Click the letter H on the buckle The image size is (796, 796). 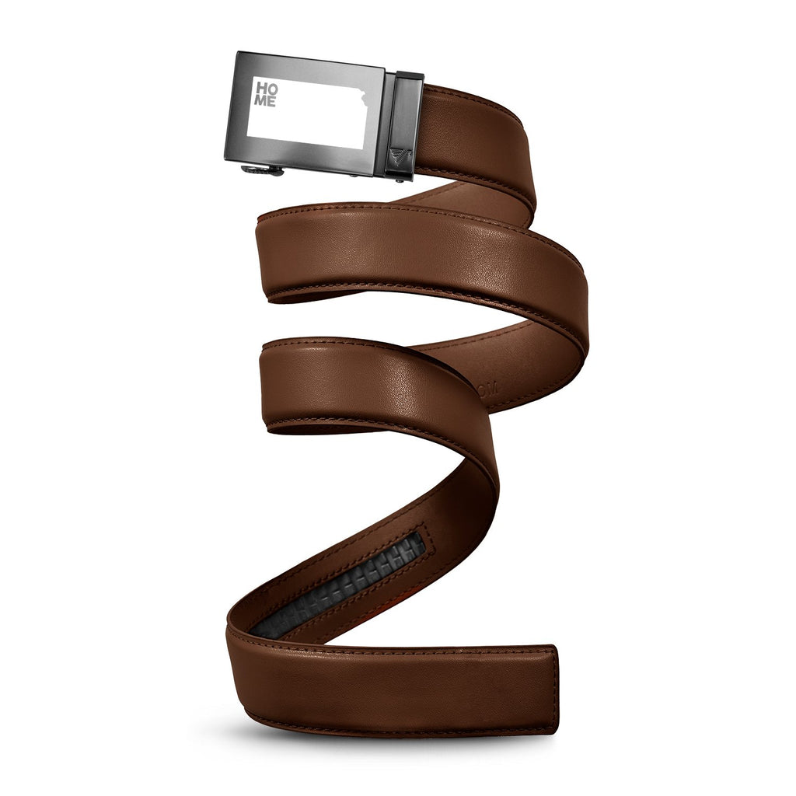261,88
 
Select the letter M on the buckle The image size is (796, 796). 260,100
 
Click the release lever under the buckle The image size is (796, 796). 261,170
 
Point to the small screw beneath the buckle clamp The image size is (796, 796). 400,178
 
